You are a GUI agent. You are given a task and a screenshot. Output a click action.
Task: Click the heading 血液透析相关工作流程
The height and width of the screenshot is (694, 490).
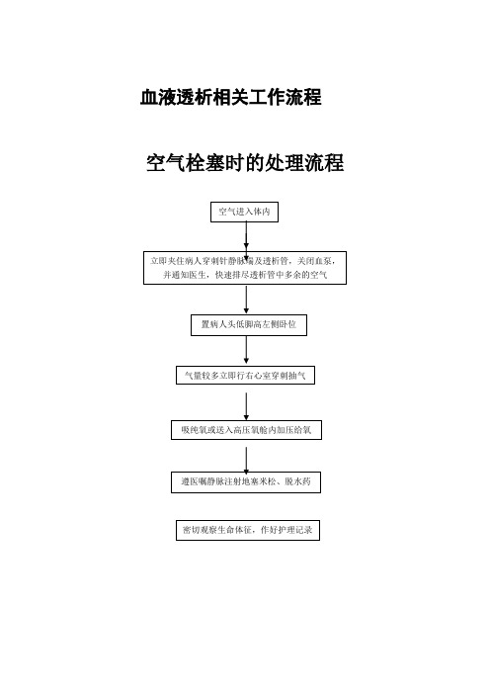(x=230, y=97)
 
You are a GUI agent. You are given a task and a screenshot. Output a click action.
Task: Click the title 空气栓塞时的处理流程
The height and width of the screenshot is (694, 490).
(x=245, y=162)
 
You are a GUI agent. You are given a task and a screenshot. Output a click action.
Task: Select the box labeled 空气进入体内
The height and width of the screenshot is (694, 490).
(x=244, y=212)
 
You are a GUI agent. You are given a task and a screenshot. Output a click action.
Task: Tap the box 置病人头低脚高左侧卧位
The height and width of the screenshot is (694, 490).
(x=249, y=325)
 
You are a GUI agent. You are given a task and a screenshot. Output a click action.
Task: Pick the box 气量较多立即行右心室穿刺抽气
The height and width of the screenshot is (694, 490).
(x=245, y=376)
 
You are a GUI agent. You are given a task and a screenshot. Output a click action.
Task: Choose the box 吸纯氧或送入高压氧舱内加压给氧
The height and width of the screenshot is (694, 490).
(x=246, y=430)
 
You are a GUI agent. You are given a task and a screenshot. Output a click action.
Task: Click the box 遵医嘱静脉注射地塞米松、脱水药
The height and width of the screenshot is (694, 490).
(x=246, y=482)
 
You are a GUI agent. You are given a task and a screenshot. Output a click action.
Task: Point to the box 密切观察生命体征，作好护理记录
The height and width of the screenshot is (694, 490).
(x=248, y=530)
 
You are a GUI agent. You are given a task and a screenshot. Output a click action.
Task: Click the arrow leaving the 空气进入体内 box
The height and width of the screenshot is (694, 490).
(x=246, y=236)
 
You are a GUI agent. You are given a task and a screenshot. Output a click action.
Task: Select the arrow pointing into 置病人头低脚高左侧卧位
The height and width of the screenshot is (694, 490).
(x=246, y=300)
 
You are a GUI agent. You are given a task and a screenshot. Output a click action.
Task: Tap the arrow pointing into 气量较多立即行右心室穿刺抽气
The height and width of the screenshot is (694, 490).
(x=246, y=351)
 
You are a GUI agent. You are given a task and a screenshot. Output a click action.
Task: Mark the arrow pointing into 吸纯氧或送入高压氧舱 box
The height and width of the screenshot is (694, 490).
(x=246, y=406)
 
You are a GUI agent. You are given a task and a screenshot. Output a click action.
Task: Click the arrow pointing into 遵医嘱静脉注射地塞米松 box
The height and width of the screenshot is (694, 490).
(x=246, y=460)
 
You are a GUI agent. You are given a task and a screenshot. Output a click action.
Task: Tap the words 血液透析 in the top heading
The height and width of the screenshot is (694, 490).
(x=176, y=97)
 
